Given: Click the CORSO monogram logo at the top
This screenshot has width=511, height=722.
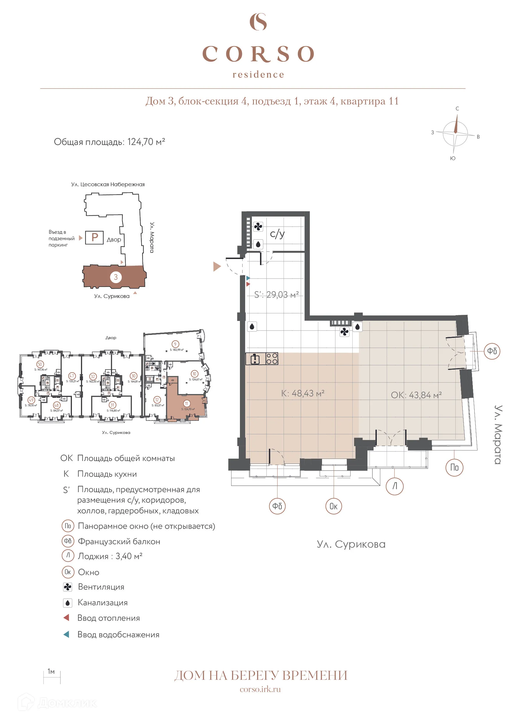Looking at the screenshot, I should click(x=258, y=22).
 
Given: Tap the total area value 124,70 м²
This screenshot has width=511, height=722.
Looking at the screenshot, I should click(x=146, y=142).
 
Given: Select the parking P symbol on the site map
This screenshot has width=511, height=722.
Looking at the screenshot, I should click(x=94, y=237).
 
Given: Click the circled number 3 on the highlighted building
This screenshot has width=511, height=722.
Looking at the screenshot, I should click(x=116, y=277).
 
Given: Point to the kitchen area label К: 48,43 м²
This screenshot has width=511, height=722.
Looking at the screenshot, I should click(x=303, y=393).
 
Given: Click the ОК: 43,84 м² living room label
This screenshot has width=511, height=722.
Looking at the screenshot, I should click(x=416, y=395).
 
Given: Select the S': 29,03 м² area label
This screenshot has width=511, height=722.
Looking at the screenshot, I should click(x=276, y=295).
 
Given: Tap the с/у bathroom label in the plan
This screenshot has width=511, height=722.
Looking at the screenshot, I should click(x=277, y=234).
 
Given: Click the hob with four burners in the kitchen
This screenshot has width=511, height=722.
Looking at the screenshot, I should click(x=272, y=359).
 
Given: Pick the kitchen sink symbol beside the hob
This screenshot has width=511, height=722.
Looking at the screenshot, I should click(x=255, y=359).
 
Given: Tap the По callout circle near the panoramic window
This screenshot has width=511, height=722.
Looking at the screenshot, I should click(x=454, y=467).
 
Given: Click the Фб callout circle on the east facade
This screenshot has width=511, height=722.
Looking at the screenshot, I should click(x=492, y=351).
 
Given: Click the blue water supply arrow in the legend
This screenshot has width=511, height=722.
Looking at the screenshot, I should click(x=66, y=634).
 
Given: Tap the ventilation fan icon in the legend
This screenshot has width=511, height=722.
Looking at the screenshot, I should click(x=67, y=587).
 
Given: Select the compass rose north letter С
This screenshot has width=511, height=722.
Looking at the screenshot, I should click(x=457, y=109).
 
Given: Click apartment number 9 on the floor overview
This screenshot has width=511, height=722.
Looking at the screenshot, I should click(x=175, y=344).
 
